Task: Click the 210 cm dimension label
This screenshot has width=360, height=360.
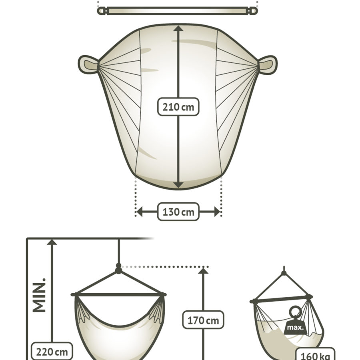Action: [178, 107]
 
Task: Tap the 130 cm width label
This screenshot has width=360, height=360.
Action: [178, 212]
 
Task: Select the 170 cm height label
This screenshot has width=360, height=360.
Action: [203, 320]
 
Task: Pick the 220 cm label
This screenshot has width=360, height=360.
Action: [52, 351]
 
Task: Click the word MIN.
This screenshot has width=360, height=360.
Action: [39, 295]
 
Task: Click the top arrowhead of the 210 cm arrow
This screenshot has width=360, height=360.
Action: [178, 28]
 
